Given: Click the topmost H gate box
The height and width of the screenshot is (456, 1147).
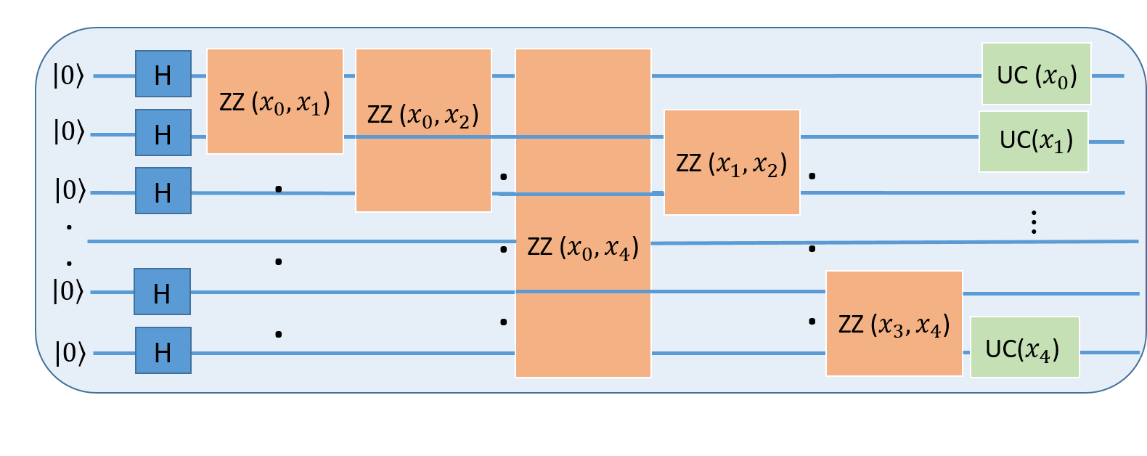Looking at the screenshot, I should tap(163, 74).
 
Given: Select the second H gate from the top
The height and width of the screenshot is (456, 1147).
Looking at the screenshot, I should tap(163, 133).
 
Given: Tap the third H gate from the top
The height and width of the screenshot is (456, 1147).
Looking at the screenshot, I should tap(163, 191).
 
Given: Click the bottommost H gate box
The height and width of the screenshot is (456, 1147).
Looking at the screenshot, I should tap(163, 351).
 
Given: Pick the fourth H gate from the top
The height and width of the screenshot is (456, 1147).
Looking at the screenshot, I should tap(163, 292).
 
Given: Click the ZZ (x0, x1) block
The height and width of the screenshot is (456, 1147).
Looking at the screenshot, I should tap(275, 102).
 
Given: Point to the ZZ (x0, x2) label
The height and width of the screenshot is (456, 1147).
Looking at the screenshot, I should tap(423, 115).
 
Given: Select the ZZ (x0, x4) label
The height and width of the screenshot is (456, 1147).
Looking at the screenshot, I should tap(583, 248).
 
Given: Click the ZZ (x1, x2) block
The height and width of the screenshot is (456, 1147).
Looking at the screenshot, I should tap(732, 163).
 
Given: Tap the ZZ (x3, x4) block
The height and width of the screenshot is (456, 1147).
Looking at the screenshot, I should tap(894, 324).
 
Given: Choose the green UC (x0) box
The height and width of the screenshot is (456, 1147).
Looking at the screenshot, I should tap(1037, 74).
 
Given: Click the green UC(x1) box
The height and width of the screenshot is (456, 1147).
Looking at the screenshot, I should tap(1034, 142).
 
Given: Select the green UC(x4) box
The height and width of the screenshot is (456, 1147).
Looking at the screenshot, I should tap(1025, 347).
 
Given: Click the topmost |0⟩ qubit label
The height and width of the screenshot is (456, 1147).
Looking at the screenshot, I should tap(69, 75).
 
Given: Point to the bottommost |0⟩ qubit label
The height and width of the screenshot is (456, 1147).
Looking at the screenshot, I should tap(70, 353).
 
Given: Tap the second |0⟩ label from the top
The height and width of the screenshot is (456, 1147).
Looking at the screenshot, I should tap(70, 131).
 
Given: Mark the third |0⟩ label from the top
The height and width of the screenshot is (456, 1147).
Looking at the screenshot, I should tap(70, 190).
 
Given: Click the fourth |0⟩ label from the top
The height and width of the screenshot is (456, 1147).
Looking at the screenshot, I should tap(69, 291).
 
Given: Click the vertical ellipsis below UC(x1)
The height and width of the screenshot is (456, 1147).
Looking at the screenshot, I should tap(1034, 222).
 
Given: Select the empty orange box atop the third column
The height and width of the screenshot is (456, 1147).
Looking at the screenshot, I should tap(583, 91).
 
